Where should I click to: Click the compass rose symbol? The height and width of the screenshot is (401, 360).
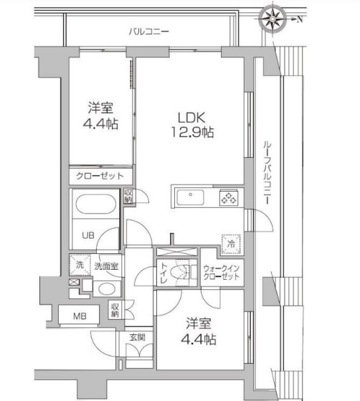coord(273,18)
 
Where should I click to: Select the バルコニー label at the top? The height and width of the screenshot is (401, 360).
coord(149,32)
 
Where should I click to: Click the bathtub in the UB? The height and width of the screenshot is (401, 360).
coord(94,204)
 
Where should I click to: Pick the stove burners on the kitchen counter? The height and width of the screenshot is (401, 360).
coord(229,196)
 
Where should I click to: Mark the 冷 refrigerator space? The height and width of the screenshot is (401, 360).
coord(231,242)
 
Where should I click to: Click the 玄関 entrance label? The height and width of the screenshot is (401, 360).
coord(138,336)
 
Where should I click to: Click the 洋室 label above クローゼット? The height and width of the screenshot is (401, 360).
coord(100,108)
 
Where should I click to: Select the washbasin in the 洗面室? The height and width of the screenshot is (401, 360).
coord(105,289)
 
